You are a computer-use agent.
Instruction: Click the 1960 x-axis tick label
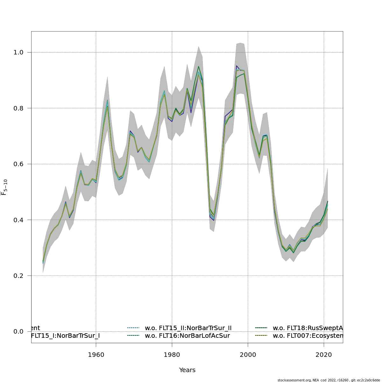coord(96,355)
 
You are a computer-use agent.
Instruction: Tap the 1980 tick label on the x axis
coord(172,355)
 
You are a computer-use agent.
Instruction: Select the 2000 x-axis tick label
coord(248,355)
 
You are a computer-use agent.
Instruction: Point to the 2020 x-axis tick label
coord(324,355)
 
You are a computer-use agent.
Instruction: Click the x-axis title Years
coord(187,370)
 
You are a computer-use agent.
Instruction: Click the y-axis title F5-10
coord(4,187)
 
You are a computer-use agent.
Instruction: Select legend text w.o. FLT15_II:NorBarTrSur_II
coord(188,328)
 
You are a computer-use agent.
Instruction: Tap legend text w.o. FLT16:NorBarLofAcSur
coord(187,336)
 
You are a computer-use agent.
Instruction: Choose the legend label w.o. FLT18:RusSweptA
coord(308,328)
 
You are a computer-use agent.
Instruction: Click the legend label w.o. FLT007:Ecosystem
coord(308,336)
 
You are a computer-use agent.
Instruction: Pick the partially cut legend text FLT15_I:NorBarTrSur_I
coord(65,336)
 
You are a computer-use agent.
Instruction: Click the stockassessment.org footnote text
coord(329,380)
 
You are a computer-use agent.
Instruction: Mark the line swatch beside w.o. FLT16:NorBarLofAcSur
coord(133,336)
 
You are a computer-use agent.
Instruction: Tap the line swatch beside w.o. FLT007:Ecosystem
coord(261,336)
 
